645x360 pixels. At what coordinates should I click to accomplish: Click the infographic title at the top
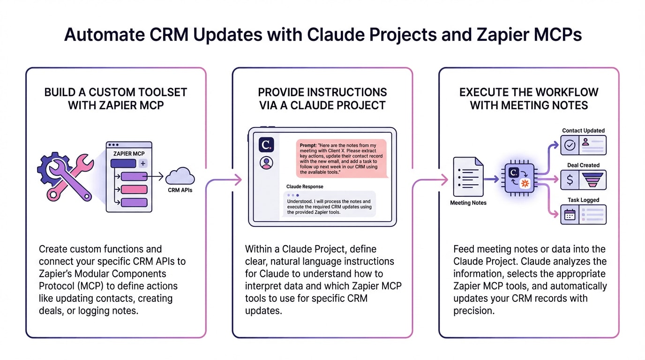tap(322, 35)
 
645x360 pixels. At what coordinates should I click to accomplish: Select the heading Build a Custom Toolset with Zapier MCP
tap(115, 98)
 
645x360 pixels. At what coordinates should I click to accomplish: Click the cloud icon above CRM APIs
tap(180, 177)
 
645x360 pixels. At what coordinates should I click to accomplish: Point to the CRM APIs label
tap(180, 190)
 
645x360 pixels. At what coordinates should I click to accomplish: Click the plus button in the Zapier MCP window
tap(143, 163)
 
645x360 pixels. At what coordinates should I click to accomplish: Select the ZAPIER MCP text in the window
tap(129, 153)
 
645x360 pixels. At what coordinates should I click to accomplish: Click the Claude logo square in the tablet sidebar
tap(266, 145)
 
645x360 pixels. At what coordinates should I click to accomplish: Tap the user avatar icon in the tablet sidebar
tap(266, 163)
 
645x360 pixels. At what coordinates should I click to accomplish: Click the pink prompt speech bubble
tap(341, 158)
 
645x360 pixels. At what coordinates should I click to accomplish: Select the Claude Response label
tap(305, 187)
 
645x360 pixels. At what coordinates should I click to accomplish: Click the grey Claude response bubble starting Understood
tap(329, 204)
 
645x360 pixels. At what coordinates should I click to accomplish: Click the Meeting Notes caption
tap(468, 203)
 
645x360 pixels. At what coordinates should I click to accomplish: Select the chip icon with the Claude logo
tap(519, 179)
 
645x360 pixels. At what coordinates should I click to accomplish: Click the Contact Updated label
tap(583, 131)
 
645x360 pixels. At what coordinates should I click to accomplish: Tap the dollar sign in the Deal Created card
tap(570, 180)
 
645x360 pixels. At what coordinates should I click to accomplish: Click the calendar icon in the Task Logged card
tap(570, 215)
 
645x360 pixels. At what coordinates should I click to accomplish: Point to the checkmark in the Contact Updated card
tap(570, 145)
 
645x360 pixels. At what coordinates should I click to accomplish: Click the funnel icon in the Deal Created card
tap(593, 180)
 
